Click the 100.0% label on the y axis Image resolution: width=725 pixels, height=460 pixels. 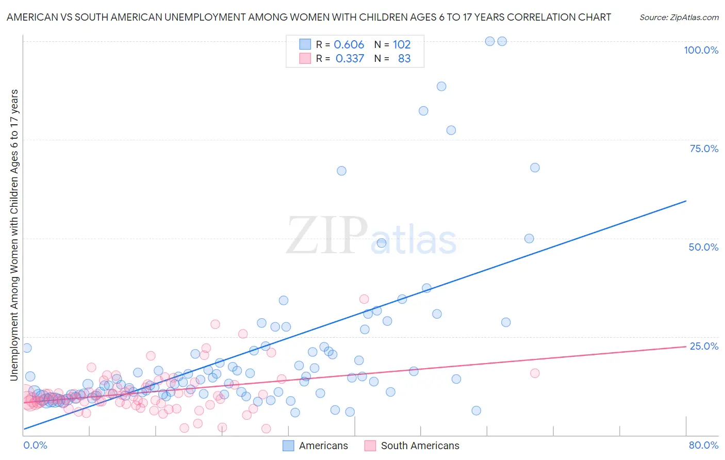pos(701,50)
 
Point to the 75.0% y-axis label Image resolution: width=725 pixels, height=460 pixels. pos(704,149)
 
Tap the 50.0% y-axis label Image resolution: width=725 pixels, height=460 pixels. pos(703,247)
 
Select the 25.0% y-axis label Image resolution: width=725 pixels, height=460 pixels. pos(704,346)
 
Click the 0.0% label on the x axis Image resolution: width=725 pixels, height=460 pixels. pos(35,445)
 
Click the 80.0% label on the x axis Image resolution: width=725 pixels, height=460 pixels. pos(703,445)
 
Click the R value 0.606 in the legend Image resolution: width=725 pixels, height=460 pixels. pos(349,45)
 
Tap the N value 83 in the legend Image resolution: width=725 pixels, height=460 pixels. pos(404,59)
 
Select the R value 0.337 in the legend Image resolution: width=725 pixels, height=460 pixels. pos(350,59)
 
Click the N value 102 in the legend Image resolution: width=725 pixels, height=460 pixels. pos(402,45)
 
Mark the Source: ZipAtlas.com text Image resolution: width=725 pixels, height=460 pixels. pos(679,17)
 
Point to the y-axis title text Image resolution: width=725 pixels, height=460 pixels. pos(14,235)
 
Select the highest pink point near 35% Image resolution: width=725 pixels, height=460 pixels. pos(364,299)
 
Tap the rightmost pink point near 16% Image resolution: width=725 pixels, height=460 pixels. pos(535,373)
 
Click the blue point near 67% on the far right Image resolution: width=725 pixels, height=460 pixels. pos(535,168)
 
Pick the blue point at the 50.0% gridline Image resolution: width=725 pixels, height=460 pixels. pos(529,238)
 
